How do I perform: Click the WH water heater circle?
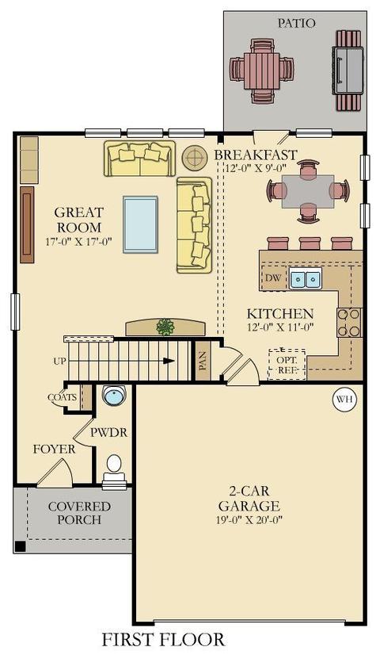344,400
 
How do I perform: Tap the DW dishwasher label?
274,278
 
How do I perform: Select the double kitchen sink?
305,278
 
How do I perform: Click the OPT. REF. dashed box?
287,365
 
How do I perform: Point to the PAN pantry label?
203,361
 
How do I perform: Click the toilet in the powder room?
114,472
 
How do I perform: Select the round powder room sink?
114,396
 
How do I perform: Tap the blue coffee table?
140,224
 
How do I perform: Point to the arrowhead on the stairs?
169,361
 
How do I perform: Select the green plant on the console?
165,327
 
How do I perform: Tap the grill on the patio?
348,71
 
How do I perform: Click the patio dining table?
262,71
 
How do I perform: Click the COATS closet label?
63,397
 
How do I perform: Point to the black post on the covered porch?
20,545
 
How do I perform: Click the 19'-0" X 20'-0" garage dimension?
249,519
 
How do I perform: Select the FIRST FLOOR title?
163,639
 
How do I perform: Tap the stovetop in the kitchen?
349,323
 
